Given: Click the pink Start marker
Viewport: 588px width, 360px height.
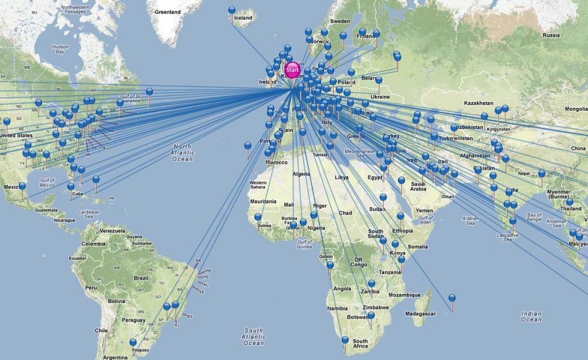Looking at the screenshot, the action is click(292, 70).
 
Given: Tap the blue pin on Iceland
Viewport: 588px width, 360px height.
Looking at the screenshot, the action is click(232, 10).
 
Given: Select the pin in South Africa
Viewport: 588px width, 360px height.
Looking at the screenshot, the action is click(345, 340).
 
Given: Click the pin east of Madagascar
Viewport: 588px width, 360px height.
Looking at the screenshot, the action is click(452, 298).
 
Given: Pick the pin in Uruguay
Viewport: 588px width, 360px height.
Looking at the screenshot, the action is click(133, 343).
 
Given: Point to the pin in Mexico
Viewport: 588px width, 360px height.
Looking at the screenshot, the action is click(22, 187).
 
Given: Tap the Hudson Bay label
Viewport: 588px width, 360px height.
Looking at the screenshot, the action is click(60, 49).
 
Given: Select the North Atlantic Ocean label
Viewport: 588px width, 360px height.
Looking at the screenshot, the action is click(182, 152).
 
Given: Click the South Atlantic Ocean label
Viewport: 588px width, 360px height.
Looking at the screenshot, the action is click(253, 336).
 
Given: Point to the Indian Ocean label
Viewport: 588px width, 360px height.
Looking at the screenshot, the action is click(531, 316).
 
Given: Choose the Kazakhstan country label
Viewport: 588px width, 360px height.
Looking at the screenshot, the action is click(478, 103).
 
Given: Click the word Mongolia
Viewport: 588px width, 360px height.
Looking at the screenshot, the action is click(576, 109).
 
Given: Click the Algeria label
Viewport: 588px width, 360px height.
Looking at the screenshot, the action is click(301, 174).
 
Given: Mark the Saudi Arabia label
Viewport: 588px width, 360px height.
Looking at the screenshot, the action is click(418, 186).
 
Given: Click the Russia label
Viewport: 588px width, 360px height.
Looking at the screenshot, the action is click(551, 35).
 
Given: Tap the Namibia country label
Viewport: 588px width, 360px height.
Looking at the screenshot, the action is click(337, 308).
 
